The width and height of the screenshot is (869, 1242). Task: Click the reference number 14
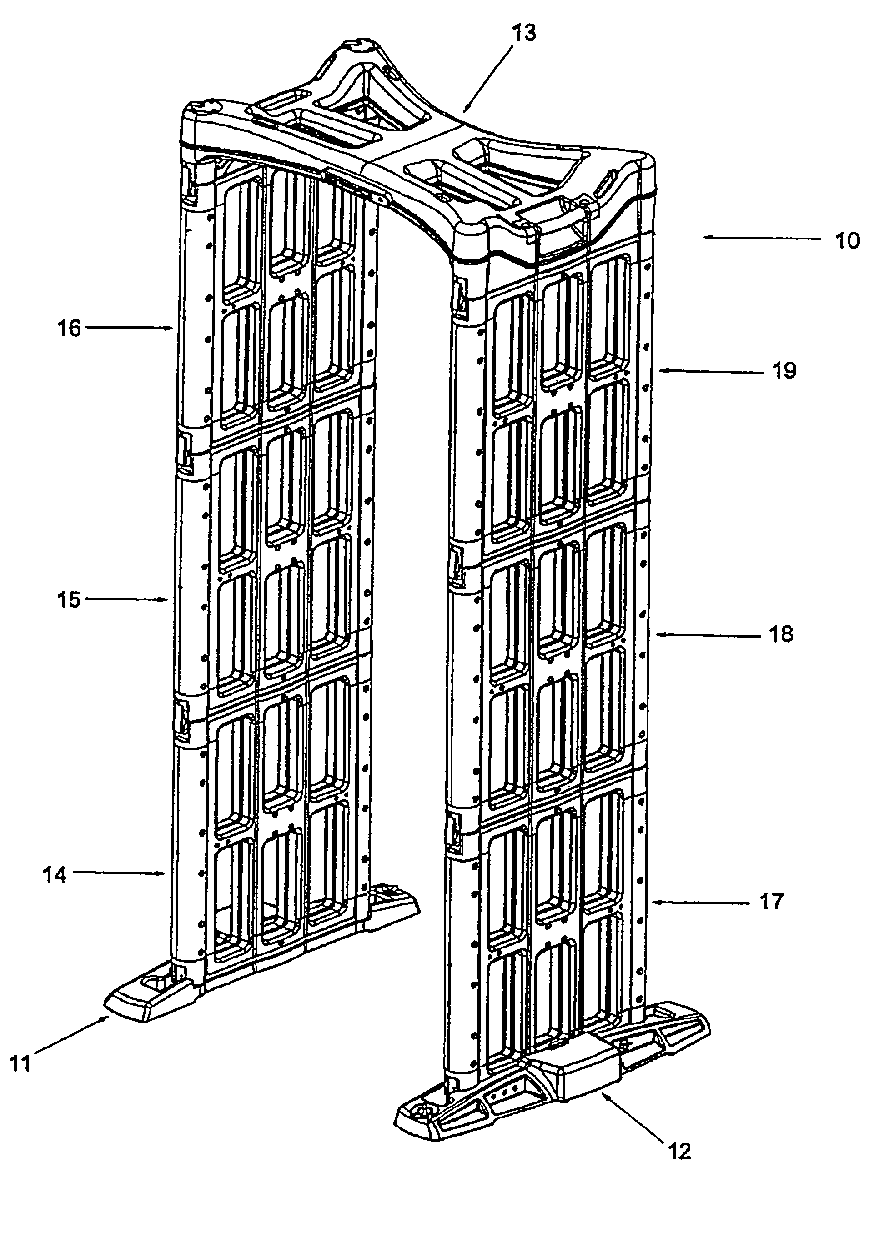pyautogui.click(x=55, y=875)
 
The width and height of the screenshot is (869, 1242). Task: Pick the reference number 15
pyautogui.click(x=69, y=600)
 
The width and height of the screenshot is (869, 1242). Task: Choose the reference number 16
pyautogui.click(x=69, y=328)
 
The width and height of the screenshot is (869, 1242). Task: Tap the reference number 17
pyautogui.click(x=770, y=901)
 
